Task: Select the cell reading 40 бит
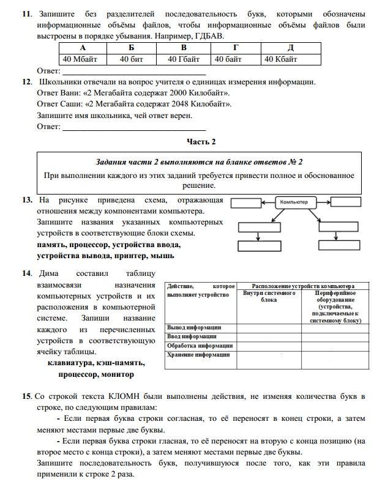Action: (131, 59)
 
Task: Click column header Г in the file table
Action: (236, 48)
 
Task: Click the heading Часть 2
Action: (201, 142)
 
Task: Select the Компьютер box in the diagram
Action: (297, 202)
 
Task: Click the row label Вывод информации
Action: (194, 327)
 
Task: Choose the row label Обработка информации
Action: (199, 346)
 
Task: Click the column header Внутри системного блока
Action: (269, 297)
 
